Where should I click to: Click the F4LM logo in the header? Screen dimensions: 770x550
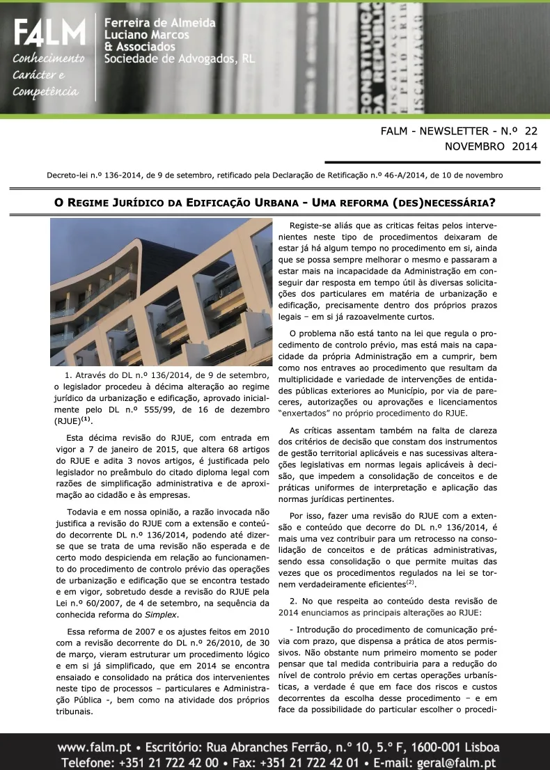(x=49, y=33)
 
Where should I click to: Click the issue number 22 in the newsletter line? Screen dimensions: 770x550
(x=531, y=130)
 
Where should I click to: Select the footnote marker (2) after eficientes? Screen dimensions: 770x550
(x=411, y=582)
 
